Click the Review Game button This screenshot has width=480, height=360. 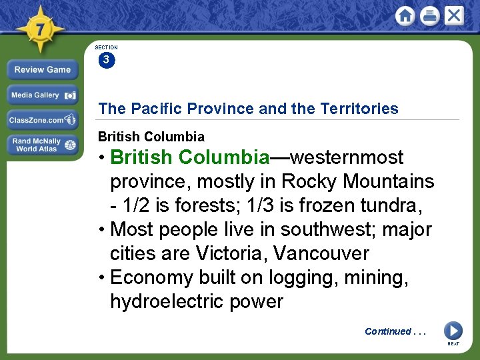tap(43, 69)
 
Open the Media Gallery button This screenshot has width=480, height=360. tap(43, 95)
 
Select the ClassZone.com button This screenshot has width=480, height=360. tap(43, 120)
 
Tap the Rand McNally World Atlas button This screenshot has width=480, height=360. tap(43, 145)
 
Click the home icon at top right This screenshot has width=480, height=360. tap(405, 16)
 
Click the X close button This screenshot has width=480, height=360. tap(454, 16)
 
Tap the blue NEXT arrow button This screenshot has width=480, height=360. tap(453, 330)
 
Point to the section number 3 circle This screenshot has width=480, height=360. tap(106, 60)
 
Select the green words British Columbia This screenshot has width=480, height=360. tap(189, 157)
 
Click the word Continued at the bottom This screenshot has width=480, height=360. tap(388, 331)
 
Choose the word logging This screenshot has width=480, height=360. tap(303, 277)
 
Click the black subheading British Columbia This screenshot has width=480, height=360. tap(151, 137)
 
